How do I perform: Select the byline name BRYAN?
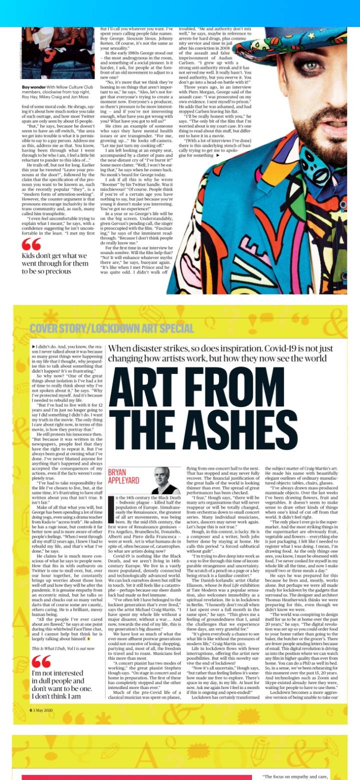point(118,471)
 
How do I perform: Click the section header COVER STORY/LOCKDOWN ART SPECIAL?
point(111,328)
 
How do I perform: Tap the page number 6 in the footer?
point(30,709)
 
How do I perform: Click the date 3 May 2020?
point(43,709)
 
